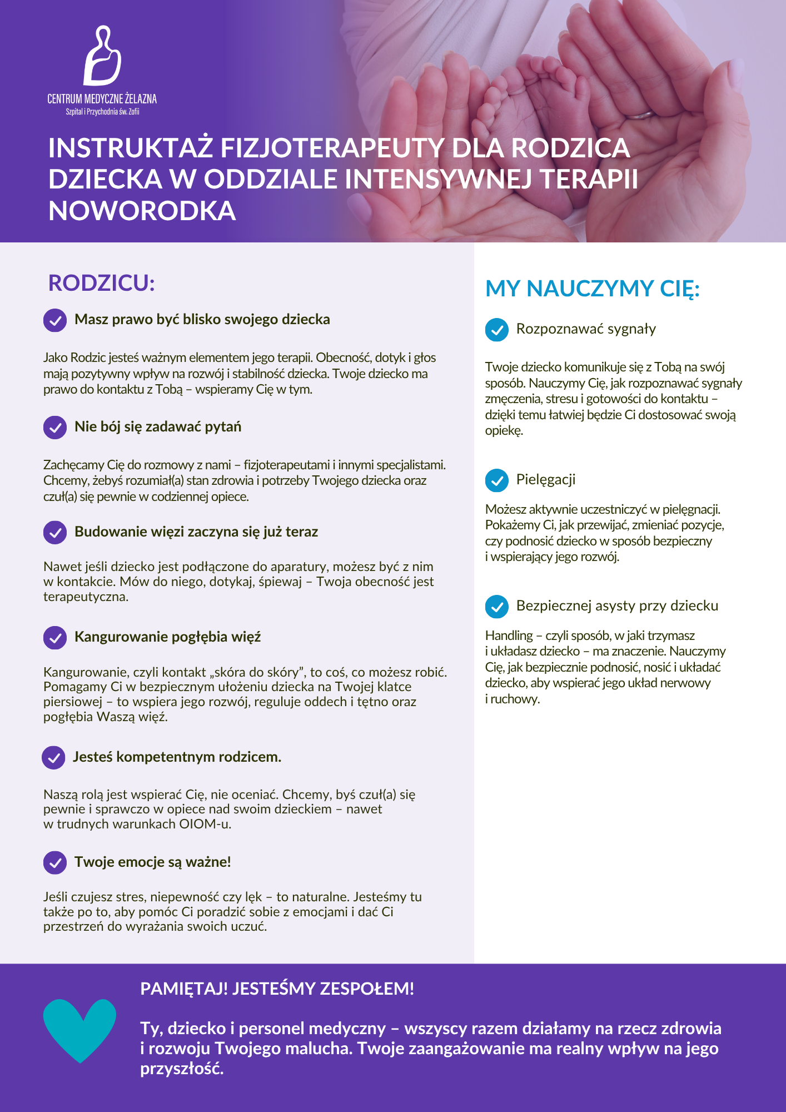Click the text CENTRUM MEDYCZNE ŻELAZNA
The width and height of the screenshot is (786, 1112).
pyautogui.click(x=102, y=99)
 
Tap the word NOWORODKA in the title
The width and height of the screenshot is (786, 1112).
pyautogui.click(x=142, y=211)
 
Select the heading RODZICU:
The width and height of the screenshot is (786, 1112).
pyautogui.click(x=101, y=283)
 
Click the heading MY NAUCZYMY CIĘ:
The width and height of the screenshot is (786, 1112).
pyautogui.click(x=592, y=289)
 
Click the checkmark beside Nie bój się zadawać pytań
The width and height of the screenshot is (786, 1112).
pyautogui.click(x=55, y=427)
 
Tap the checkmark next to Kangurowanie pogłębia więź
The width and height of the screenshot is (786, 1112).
pyautogui.click(x=55, y=637)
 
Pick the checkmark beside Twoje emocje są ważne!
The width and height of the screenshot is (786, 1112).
pyautogui.click(x=55, y=862)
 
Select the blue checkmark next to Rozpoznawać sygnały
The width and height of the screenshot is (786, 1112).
pyautogui.click(x=497, y=330)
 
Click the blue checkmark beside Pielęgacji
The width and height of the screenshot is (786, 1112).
pyautogui.click(x=497, y=480)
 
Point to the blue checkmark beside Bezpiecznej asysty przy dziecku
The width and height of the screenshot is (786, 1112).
pyautogui.click(x=497, y=607)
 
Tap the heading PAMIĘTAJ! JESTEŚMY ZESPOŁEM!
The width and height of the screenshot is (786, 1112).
pyautogui.click(x=277, y=989)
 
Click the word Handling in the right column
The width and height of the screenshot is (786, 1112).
pyautogui.click(x=509, y=636)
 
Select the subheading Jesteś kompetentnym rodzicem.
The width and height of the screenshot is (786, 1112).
pyautogui.click(x=177, y=757)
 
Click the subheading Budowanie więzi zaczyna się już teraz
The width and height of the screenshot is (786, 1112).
pyautogui.click(x=196, y=532)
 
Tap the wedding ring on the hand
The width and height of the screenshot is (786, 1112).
pyautogui.click(x=641, y=116)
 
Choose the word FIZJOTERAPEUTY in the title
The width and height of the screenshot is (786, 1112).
pyautogui.click(x=332, y=148)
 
